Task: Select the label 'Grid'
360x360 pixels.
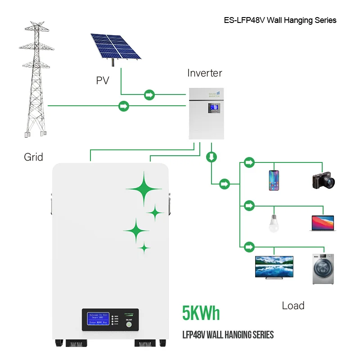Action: [33, 157]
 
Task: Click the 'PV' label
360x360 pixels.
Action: [103, 81]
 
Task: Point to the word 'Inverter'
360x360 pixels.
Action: [205, 73]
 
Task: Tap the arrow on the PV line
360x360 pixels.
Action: [149, 95]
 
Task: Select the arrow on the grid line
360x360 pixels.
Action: [123, 106]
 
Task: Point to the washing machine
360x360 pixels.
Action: [323, 269]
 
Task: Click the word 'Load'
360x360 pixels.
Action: [293, 306]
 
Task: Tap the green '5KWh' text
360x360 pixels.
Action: [201, 313]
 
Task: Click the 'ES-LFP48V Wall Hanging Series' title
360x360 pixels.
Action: [280, 20]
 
